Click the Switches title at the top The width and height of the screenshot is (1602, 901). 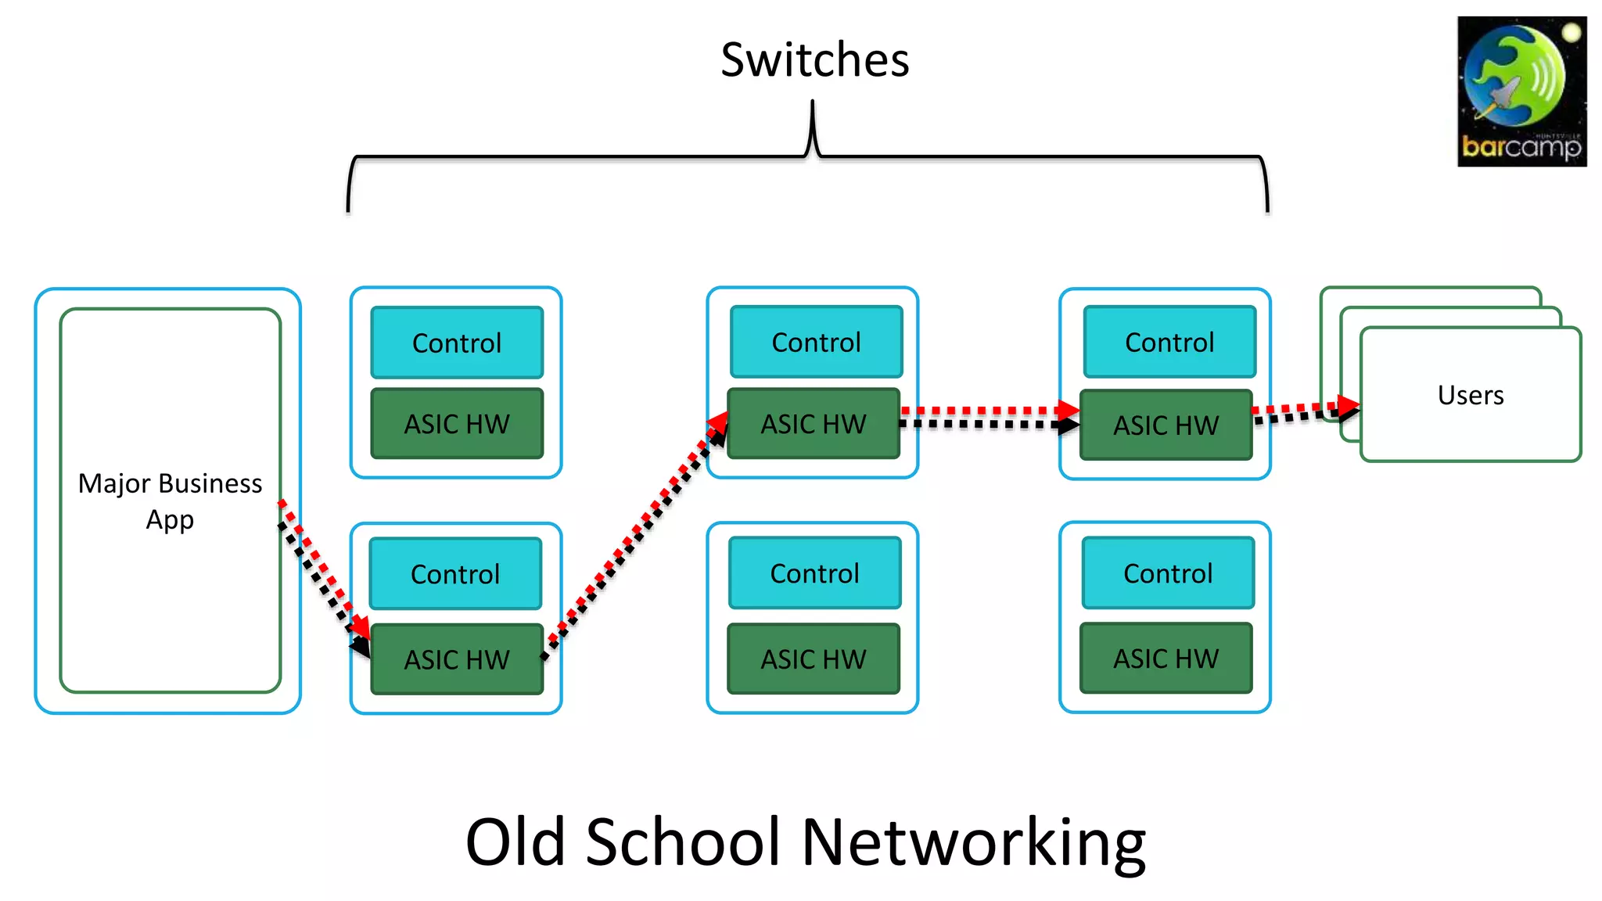click(814, 60)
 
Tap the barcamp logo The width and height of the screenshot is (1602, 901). click(1521, 92)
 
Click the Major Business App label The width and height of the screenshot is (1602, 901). click(170, 501)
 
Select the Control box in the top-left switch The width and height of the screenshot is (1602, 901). click(457, 343)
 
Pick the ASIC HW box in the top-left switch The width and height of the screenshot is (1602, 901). click(457, 424)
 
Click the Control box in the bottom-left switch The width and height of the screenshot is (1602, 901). click(455, 574)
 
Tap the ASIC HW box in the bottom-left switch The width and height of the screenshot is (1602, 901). click(457, 659)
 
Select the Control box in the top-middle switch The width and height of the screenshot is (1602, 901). click(816, 342)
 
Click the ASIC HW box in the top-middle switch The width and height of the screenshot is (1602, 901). click(814, 424)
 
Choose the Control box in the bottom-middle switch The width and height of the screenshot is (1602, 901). click(814, 573)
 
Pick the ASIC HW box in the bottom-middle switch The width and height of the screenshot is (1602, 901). click(814, 659)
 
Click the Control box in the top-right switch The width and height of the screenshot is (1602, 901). click(1169, 342)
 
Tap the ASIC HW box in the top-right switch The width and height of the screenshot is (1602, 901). click(1166, 425)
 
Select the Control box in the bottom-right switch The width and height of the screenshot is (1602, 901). click(1168, 573)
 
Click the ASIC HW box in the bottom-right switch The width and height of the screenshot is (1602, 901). click(1166, 659)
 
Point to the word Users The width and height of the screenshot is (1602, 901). click(1471, 395)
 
